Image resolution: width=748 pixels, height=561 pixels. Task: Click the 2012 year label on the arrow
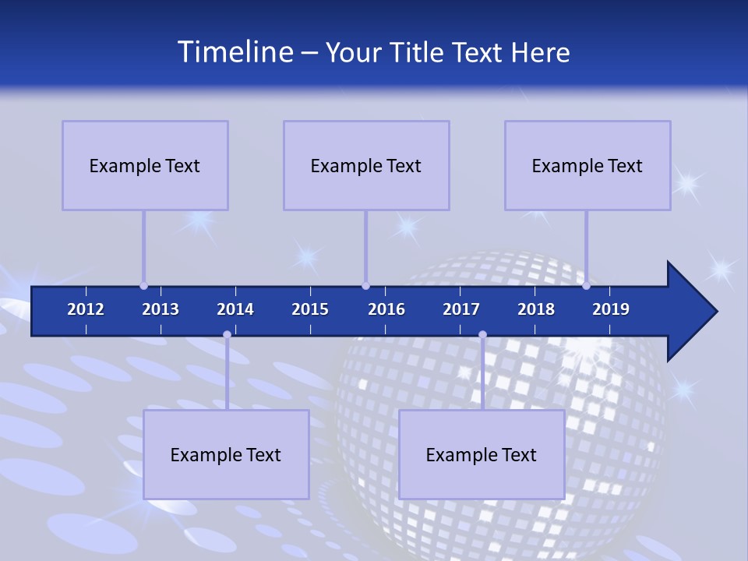coord(86,309)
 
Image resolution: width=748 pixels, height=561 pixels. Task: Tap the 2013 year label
coord(161,309)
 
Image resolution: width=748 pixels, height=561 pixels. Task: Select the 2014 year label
coord(235,309)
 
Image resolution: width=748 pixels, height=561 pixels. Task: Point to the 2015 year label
coord(310,309)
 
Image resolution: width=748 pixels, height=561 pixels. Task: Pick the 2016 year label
coord(386,309)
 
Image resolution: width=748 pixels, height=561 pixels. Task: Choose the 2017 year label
coord(461,309)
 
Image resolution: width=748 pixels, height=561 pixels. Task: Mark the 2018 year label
coord(536,309)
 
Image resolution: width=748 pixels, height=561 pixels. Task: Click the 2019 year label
coord(611,309)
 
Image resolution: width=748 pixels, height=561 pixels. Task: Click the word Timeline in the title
coord(235,52)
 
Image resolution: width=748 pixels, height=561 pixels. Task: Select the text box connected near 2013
coord(145,165)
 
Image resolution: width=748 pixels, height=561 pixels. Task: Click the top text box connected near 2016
coord(366,165)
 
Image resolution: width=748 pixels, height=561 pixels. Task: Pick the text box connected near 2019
coord(587,165)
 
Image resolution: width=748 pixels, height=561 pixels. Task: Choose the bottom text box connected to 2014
coord(226,454)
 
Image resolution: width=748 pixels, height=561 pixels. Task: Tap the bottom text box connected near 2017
coord(482,454)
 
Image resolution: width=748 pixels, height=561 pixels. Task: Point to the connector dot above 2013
coord(143,286)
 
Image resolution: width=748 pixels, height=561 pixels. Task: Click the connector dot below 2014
coord(227,335)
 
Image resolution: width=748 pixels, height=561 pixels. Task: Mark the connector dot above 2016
coord(365,286)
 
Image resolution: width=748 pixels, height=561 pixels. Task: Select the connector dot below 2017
coord(482,335)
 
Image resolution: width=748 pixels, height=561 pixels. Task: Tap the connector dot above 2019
coord(586,286)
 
